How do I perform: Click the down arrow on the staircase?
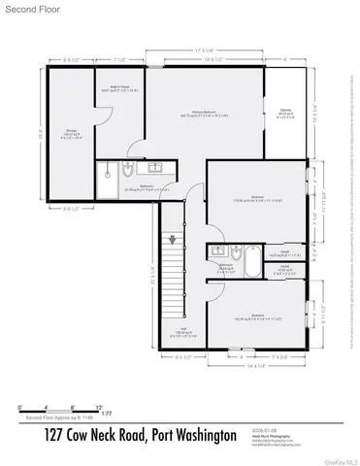pos(173,239)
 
